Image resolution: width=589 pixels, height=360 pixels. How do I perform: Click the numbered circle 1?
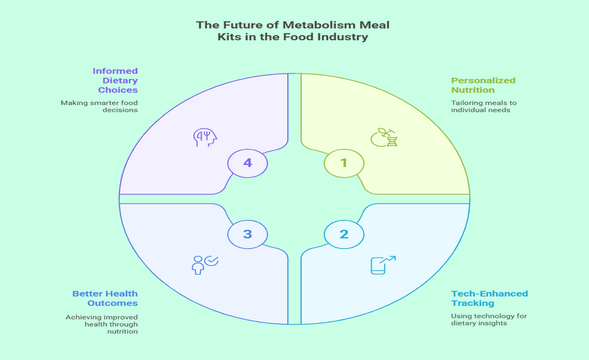click(x=344, y=163)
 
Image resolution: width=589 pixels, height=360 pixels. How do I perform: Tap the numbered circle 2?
click(x=344, y=234)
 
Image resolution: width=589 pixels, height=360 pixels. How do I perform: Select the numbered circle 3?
click(x=247, y=234)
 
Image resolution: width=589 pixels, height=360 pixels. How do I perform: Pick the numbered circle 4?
click(x=247, y=163)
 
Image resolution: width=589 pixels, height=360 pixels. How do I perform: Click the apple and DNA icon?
click(x=384, y=138)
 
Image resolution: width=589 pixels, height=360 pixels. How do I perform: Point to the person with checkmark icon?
click(x=204, y=265)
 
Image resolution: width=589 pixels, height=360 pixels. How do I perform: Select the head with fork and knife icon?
click(x=205, y=138)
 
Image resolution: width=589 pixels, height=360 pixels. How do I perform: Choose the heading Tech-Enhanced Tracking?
click(x=489, y=298)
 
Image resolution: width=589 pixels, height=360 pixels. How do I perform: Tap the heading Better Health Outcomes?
click(x=105, y=298)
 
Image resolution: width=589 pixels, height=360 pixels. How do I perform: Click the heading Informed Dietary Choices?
click(x=115, y=80)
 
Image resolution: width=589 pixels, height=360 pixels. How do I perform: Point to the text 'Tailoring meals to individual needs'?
click(x=483, y=106)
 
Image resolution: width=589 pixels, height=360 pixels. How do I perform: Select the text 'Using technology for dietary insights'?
click(x=488, y=320)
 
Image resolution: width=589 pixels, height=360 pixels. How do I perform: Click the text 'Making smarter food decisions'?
click(x=99, y=106)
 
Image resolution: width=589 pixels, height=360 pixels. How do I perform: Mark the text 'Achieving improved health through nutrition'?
click(x=102, y=324)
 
